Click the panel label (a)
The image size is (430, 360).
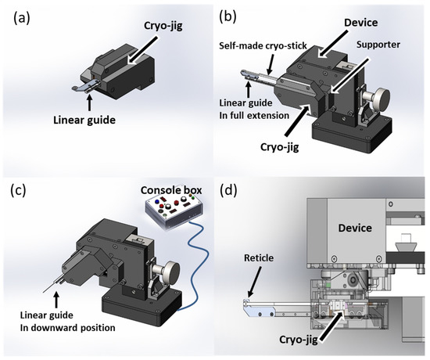[22, 19]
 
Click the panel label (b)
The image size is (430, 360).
[228, 17]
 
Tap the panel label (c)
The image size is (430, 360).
[18, 191]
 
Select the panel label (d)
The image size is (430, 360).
[228, 191]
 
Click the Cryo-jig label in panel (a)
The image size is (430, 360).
[163, 27]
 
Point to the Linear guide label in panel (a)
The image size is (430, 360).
[84, 120]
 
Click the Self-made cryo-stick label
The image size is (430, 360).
[263, 45]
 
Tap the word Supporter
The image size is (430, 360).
[378, 45]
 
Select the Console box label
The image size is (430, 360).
[171, 190]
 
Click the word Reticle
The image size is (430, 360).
[259, 257]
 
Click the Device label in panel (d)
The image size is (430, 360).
[355, 228]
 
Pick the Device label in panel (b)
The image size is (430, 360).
[361, 23]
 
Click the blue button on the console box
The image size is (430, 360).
[157, 202]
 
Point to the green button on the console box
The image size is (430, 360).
[193, 198]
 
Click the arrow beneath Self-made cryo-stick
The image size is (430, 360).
[271, 63]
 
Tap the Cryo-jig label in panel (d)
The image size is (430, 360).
[299, 340]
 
